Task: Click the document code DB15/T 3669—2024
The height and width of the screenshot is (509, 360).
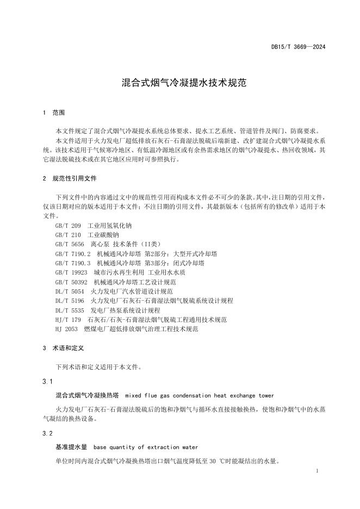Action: click(299, 47)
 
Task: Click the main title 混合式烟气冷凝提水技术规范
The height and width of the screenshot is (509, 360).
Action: click(180, 84)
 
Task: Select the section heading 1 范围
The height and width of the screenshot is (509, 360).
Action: click(54, 113)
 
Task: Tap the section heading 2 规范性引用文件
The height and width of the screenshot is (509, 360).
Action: click(70, 178)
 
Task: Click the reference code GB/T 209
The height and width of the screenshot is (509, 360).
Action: click(68, 225)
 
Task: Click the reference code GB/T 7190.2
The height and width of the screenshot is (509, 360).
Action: click(73, 253)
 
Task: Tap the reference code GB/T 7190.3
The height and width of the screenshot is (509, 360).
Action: click(73, 263)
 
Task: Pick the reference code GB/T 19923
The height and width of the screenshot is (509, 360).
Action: click(71, 272)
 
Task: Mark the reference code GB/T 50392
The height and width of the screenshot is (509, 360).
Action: click(71, 282)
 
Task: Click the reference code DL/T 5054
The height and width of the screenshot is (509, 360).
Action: click(70, 291)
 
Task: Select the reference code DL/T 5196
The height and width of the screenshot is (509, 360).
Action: click(70, 301)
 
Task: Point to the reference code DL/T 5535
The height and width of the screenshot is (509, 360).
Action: click(70, 310)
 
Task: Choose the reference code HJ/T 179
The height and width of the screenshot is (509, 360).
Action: click(68, 320)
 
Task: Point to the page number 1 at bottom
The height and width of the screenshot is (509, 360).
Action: click(316, 470)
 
